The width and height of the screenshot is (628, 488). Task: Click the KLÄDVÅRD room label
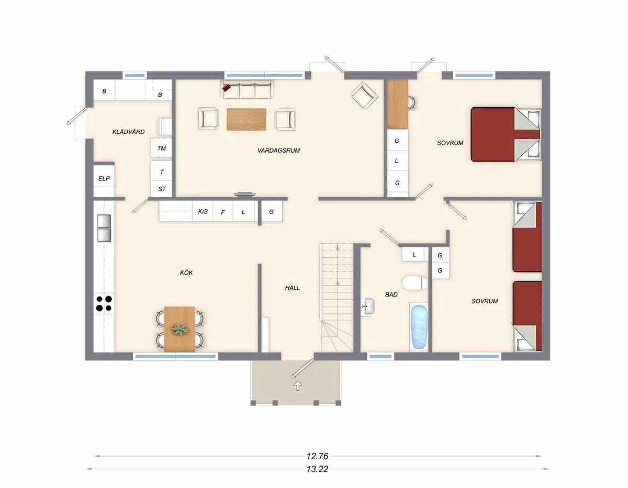(128, 132)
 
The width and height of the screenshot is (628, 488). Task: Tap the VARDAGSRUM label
(278, 151)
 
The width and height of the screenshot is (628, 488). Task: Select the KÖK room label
(186, 273)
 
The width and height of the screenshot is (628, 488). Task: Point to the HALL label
(293, 288)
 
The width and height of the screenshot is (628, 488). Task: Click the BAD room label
(391, 295)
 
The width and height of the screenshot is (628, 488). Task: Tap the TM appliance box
(162, 149)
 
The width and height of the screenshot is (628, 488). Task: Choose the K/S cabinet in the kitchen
(202, 212)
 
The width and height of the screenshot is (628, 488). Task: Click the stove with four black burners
(104, 303)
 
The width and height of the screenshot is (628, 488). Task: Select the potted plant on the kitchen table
(180, 330)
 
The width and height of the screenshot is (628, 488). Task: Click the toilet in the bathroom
(416, 282)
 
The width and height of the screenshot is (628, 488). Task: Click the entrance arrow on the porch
(298, 386)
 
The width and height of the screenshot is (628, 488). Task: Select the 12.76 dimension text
(318, 456)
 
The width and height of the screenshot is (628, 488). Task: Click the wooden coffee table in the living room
(246, 119)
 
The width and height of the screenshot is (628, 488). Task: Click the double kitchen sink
(105, 229)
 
